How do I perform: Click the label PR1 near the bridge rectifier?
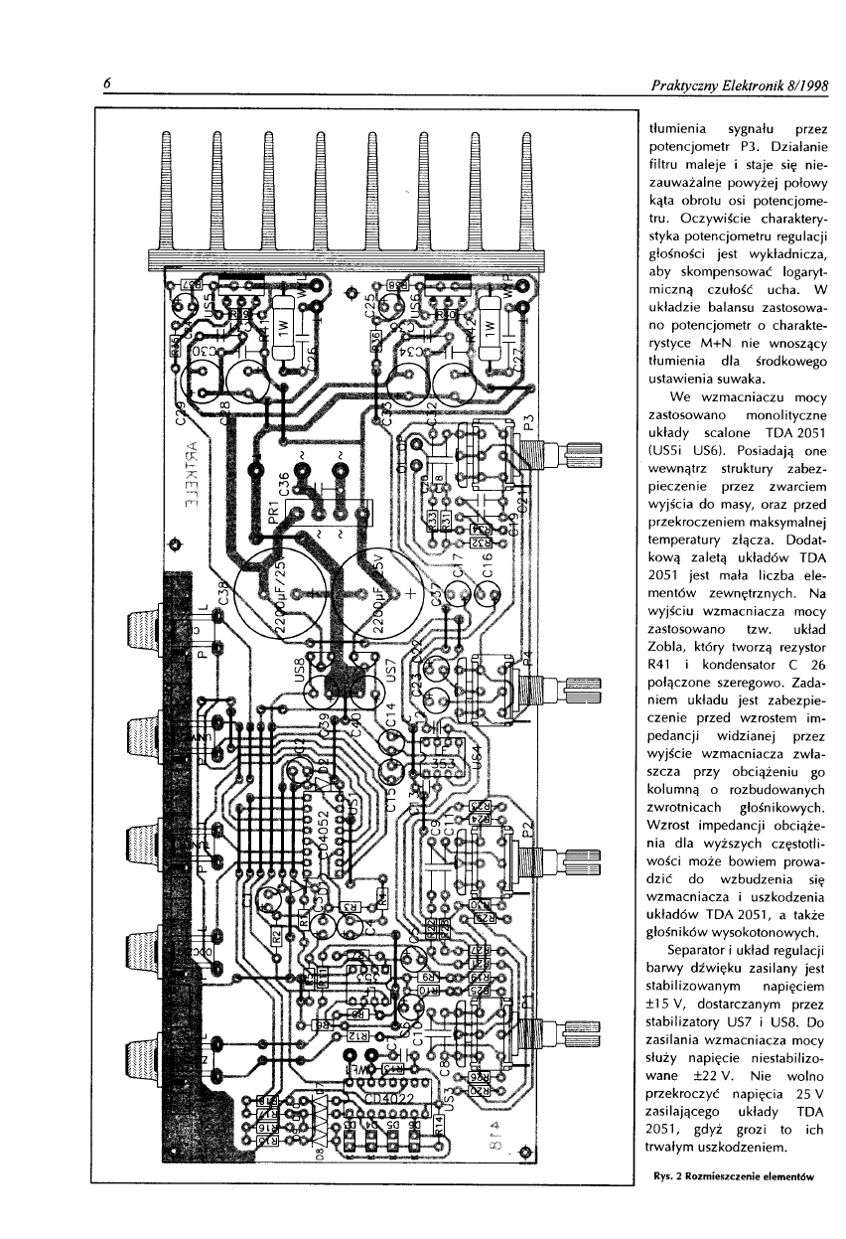click(274, 513)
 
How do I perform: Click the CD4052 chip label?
click(322, 846)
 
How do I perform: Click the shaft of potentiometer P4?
click(581, 686)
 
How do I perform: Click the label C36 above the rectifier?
click(284, 485)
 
